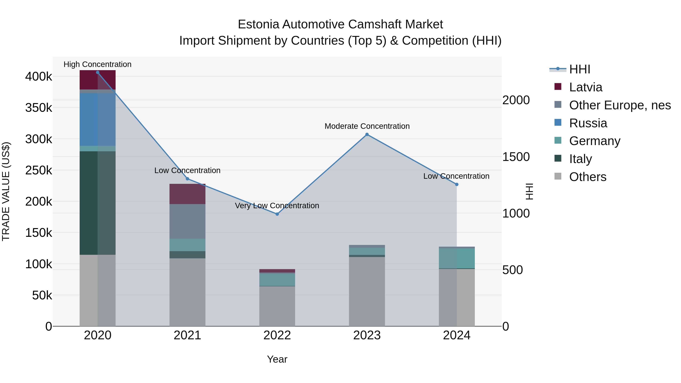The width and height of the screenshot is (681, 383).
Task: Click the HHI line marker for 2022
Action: click(x=277, y=214)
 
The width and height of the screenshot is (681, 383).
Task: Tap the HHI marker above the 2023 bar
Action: click(x=367, y=134)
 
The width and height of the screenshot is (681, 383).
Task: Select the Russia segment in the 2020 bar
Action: click(x=98, y=120)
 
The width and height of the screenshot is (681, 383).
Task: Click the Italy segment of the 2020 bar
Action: click(x=98, y=203)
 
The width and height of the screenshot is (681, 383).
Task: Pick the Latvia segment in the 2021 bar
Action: click(x=187, y=194)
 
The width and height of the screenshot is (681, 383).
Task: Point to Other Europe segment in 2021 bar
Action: click(x=187, y=221)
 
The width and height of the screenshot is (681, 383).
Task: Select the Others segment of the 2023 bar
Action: click(x=367, y=291)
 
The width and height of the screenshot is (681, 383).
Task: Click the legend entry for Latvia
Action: click(x=585, y=87)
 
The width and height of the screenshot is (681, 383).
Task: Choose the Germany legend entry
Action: click(x=594, y=141)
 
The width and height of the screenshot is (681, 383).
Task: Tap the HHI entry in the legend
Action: click(x=579, y=69)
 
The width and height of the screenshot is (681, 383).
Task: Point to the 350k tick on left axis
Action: click(x=39, y=108)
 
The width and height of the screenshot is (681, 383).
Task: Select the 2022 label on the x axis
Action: click(x=277, y=335)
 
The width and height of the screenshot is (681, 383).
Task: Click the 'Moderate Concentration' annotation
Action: click(x=367, y=126)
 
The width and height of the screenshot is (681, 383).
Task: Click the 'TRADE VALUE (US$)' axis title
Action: click(x=6, y=191)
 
